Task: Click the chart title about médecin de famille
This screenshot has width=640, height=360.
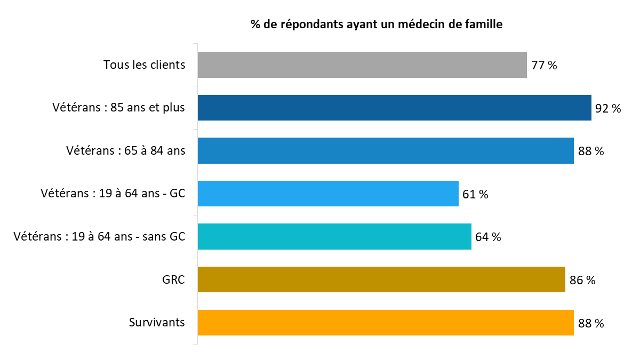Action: click(x=377, y=25)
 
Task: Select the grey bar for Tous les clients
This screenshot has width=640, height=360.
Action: click(x=362, y=65)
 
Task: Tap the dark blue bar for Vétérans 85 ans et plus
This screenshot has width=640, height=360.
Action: click(x=394, y=108)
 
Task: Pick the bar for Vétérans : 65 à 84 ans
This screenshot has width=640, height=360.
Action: click(x=386, y=151)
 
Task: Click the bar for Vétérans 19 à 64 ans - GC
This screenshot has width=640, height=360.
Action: click(x=328, y=194)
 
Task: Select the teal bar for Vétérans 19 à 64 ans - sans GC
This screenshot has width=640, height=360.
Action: click(x=334, y=237)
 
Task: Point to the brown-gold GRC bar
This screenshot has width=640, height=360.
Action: click(x=381, y=279)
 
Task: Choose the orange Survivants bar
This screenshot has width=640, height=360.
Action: click(x=386, y=323)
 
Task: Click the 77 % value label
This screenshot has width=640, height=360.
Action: click(x=544, y=66)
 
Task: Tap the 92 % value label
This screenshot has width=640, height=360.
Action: click(x=608, y=108)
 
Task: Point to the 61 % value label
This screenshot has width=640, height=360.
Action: click(x=475, y=194)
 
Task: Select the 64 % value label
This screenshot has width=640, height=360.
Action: click(x=488, y=237)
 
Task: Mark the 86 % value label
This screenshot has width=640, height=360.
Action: click(x=582, y=280)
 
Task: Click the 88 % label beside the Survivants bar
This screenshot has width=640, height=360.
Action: click(x=591, y=323)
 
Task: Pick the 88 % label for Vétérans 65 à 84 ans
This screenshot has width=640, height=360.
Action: click(x=591, y=151)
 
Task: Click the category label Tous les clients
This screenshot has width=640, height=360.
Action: click(x=144, y=65)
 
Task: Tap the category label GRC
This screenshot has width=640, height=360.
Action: click(x=173, y=279)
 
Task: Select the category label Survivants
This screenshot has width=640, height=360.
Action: click(x=157, y=323)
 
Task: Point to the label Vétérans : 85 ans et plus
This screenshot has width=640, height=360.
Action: click(x=118, y=108)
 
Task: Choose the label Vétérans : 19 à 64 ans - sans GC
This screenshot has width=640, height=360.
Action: click(x=99, y=237)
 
